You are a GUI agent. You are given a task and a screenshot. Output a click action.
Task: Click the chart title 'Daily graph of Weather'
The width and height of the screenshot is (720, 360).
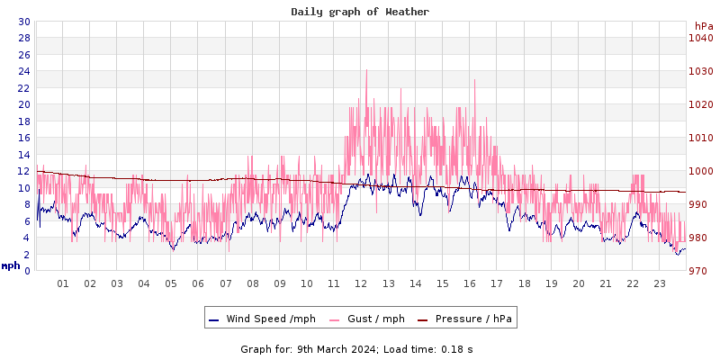(360, 12)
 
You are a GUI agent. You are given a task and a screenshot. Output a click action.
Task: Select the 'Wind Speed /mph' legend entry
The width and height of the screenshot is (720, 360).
(262, 319)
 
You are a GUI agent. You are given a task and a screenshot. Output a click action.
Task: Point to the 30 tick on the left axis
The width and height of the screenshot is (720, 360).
(23, 22)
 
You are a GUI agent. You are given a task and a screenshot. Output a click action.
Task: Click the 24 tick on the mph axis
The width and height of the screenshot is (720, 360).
(23, 71)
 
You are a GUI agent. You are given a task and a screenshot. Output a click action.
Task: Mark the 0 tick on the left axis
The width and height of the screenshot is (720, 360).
(26, 271)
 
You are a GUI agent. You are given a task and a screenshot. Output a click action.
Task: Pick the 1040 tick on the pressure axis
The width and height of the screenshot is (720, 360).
(700, 38)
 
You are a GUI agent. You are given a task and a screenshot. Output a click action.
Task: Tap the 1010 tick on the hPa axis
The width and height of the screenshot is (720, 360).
(700, 138)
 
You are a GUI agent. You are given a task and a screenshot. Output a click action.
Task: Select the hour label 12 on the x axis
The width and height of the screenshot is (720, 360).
(361, 283)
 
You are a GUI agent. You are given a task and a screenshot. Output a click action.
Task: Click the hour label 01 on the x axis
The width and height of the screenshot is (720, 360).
(63, 283)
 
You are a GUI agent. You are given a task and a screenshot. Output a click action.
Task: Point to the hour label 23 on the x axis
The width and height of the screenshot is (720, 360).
(660, 283)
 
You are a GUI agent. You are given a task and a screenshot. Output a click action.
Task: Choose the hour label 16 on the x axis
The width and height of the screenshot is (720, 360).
(470, 283)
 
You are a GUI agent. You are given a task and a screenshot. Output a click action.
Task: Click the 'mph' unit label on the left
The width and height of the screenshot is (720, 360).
(11, 265)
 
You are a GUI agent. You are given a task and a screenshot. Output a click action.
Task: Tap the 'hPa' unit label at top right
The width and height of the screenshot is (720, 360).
(703, 26)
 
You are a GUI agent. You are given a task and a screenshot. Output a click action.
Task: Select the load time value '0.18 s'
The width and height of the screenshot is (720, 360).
(456, 348)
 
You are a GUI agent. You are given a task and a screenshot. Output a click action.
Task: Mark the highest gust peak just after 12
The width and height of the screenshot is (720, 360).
(366, 70)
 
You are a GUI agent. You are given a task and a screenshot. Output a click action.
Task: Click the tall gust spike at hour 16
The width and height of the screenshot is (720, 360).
(474, 80)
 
